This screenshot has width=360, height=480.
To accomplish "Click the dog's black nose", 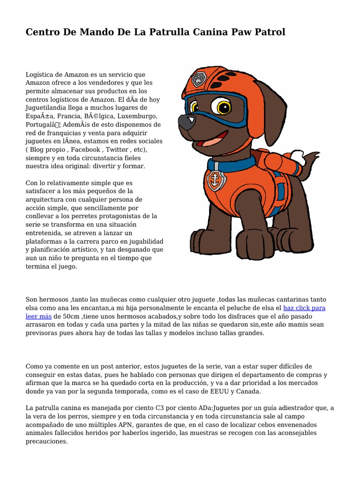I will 186,122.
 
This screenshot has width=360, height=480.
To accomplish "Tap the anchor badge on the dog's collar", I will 217,180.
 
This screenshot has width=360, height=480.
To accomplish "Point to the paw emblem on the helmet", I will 200,78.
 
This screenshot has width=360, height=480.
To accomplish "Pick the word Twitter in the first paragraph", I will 117,150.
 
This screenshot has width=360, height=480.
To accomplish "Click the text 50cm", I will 63,316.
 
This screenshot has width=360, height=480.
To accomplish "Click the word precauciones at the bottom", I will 47,442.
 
